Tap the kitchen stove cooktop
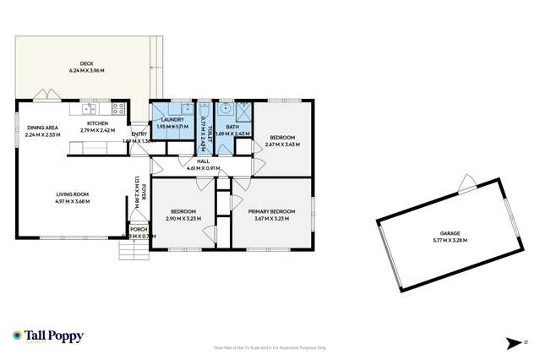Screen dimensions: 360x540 (x=118, y=108)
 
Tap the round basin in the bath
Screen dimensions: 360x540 (x=226, y=109)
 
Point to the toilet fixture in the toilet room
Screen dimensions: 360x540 (x=204, y=110)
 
